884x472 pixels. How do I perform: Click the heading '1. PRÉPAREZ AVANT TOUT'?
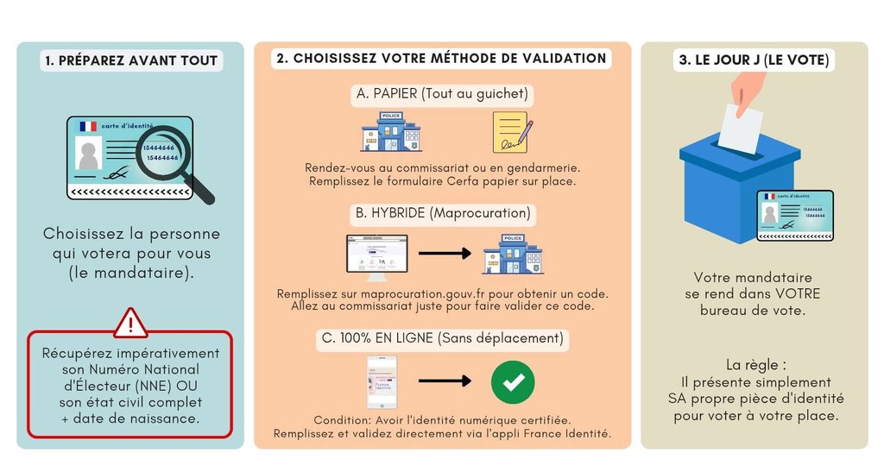click(x=130, y=60)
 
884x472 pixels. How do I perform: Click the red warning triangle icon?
click(x=130, y=323)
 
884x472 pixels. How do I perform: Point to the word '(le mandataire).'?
click(x=131, y=274)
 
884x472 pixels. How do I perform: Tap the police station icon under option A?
click(x=390, y=131)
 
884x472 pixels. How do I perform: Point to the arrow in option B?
click(x=445, y=254)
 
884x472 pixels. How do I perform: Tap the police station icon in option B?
click(x=513, y=254)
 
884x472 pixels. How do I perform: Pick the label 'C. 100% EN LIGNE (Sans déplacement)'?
click(x=442, y=338)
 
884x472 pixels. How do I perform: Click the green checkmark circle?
click(x=513, y=381)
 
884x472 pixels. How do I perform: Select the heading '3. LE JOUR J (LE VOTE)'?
click(x=754, y=60)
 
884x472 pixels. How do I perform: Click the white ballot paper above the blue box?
click(x=741, y=129)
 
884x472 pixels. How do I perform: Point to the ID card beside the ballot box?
click(x=795, y=215)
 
